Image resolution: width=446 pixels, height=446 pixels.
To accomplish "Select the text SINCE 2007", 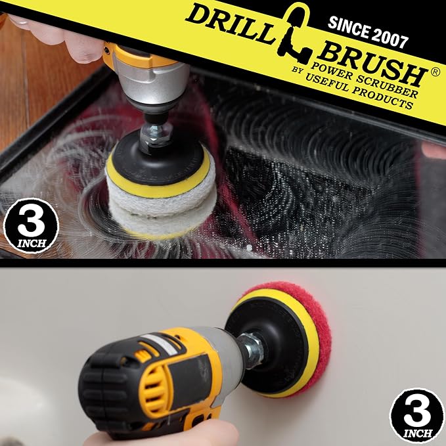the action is click(x=368, y=32).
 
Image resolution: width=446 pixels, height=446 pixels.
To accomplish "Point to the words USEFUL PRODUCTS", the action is click(x=359, y=91).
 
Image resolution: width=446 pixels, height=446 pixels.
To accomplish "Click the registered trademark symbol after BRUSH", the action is click(x=435, y=72).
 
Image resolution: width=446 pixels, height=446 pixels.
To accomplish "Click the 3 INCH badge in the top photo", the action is click(x=31, y=225).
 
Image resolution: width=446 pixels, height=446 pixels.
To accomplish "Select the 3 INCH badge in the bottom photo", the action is click(x=417, y=416).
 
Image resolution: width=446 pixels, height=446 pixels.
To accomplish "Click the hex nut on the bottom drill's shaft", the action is click(x=250, y=351).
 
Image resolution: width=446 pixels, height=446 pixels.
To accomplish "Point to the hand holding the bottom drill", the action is click(x=162, y=434).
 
